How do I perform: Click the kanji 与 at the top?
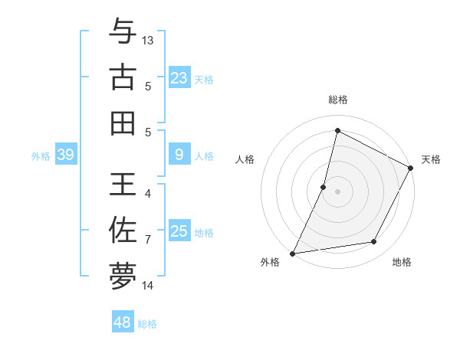coord(123,33)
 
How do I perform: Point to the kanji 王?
coord(123,185)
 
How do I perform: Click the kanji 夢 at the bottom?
coord(123,275)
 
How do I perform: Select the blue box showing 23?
coord(179,77)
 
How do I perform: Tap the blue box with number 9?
coord(179,155)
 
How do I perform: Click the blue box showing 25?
coord(179,231)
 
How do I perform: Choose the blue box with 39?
coord(65,155)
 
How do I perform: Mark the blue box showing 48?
coord(123,322)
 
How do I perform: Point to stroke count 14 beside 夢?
coord(148,286)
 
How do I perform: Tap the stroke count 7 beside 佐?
coord(148,240)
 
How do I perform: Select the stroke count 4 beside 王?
coord(148,194)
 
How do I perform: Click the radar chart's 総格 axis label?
coord(337,100)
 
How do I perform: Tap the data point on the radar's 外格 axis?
coord(292,254)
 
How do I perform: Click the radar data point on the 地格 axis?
coord(374,242)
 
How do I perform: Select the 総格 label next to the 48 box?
coord(147,324)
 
